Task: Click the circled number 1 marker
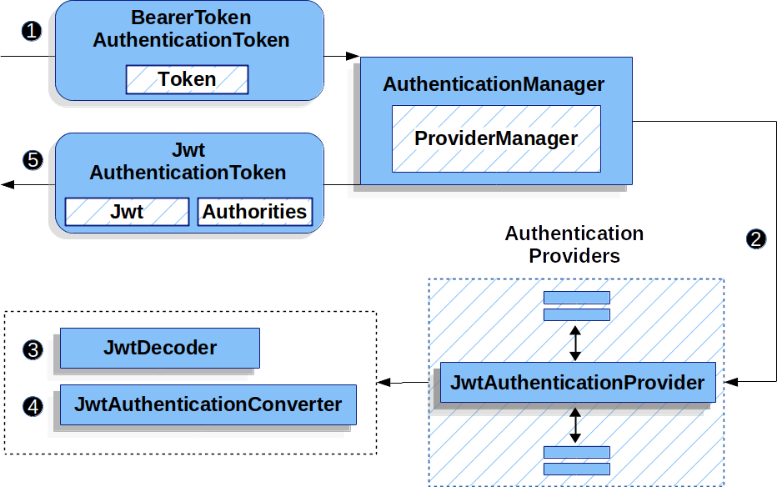32,32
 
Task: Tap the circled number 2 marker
755,239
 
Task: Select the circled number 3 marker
32,349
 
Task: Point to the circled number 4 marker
32,406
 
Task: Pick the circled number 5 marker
32,160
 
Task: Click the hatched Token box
187,79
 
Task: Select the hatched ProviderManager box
496,138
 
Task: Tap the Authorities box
254,212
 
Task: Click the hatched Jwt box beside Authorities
127,212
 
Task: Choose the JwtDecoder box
159,348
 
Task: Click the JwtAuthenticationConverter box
208,404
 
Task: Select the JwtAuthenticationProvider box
577,383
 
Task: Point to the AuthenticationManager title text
494,84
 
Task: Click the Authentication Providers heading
574,244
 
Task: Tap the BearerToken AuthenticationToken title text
191,28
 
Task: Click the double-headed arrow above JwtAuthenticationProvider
574,341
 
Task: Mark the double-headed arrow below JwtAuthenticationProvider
574,424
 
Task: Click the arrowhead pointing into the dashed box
384,383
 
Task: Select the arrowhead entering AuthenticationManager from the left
353,57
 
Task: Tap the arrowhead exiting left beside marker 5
8,184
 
